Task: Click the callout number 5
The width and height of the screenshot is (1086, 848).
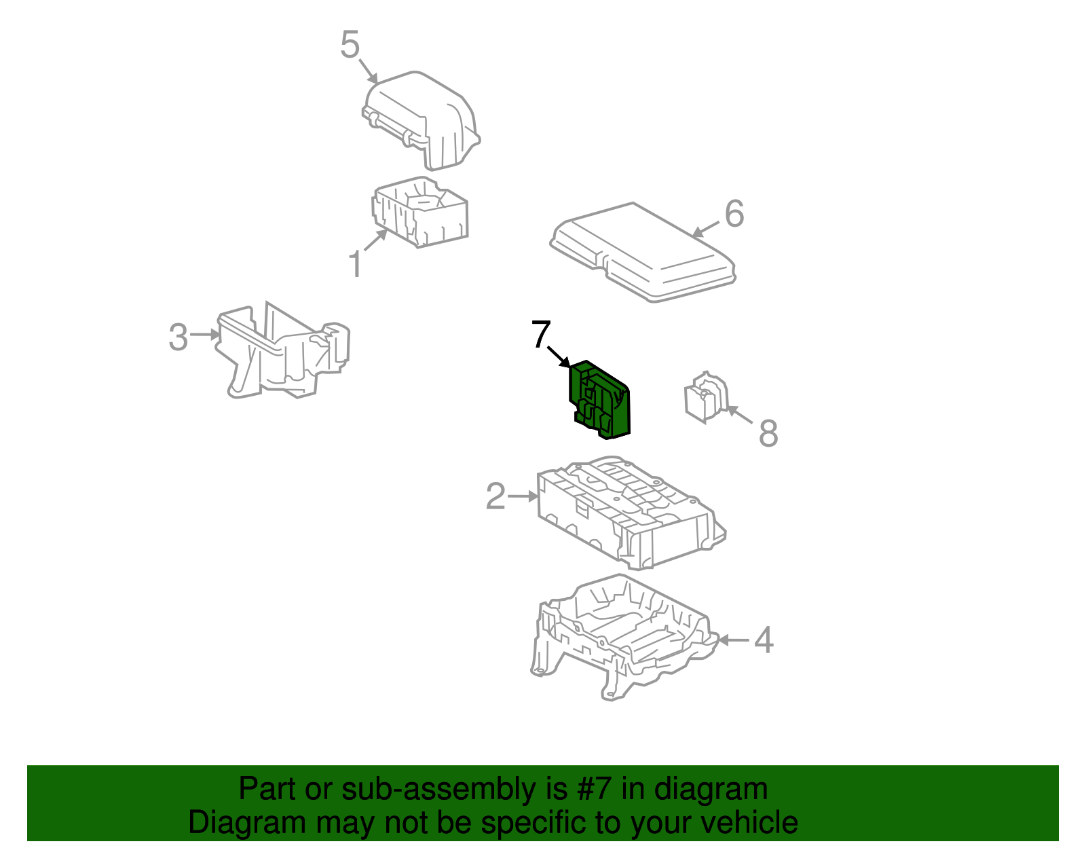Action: (350, 45)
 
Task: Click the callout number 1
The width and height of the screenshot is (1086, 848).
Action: (355, 263)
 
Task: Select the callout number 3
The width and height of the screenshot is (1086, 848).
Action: (178, 337)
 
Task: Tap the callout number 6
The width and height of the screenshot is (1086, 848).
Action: (734, 214)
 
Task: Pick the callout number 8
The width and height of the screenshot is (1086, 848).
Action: (768, 433)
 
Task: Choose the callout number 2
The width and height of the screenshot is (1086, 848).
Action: (495, 496)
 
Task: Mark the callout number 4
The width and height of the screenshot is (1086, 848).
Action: (764, 640)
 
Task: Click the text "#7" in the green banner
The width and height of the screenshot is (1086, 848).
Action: (595, 789)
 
